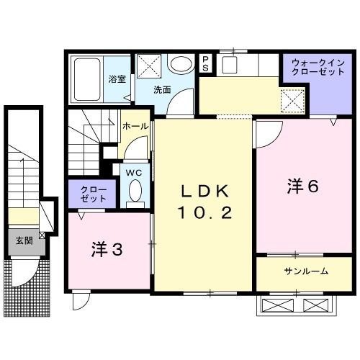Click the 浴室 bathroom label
tap(117, 79)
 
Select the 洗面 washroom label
tap(163, 89)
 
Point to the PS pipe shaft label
tap(205, 64)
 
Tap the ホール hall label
tap(135, 126)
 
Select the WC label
tap(135, 173)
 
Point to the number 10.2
tap(204, 214)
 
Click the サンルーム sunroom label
tap(306, 271)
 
